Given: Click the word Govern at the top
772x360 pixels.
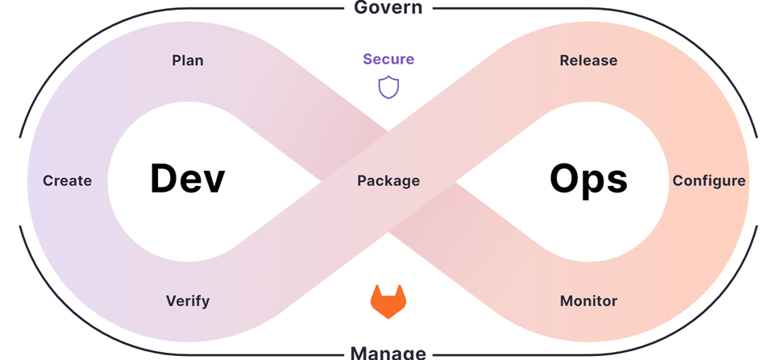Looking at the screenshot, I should coord(388,8).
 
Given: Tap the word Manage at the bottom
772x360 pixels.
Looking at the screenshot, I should coord(388,352).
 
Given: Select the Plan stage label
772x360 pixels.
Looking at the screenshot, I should coord(188,60).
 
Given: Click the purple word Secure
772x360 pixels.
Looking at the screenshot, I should coord(388,59).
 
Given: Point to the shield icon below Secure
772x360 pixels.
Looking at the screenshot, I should coord(388,87).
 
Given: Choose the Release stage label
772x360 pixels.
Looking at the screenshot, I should coord(588,60).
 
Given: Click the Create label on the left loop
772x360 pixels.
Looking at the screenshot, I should coord(68,180).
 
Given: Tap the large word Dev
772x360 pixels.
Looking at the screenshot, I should coord(187,179).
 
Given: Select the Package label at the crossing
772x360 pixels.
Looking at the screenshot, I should coord(388,180).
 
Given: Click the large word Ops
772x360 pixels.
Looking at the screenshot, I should coord(588,179).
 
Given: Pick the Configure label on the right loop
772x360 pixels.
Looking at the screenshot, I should coord(709,180).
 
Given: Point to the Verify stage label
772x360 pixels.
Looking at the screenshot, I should coord(188,301).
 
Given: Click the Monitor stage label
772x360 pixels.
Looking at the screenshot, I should coord(588,301).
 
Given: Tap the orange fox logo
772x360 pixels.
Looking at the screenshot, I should coord(388,301).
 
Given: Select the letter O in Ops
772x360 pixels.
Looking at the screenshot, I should coord(565,179).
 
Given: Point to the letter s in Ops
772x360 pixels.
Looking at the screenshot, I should coord(616,182).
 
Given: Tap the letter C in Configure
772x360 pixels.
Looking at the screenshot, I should coord(679,180).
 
